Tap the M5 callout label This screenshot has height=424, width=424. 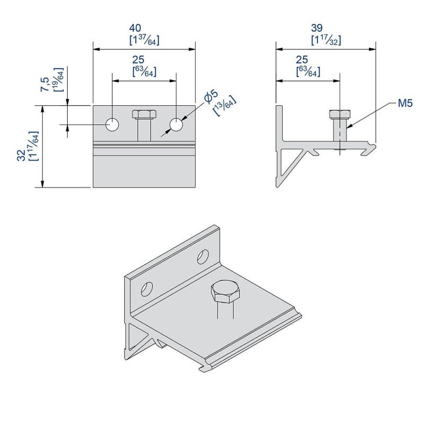point(405,103)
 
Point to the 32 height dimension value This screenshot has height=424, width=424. point(21,155)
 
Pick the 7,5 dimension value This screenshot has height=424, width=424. point(46,85)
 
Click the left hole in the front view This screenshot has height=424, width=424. point(112,125)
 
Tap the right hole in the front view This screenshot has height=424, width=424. point(176,125)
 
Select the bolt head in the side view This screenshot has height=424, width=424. point(339,114)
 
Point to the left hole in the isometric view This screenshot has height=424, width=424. point(146,288)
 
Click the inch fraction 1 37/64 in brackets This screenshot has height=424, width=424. point(144,40)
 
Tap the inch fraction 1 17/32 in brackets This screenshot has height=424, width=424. point(325,40)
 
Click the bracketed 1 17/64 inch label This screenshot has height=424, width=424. point(33,146)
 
